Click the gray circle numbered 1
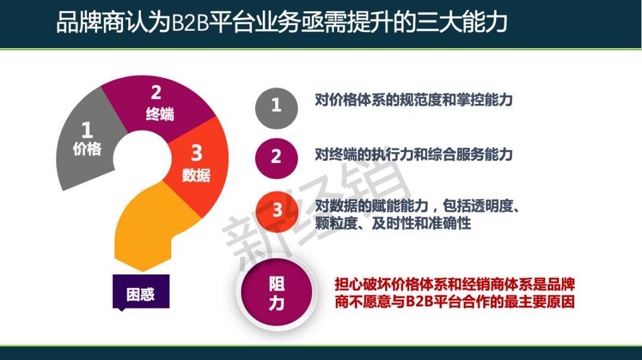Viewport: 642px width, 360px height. [x=276, y=108]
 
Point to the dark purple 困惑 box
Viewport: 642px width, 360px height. [x=141, y=292]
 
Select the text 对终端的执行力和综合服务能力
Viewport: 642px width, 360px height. [x=414, y=154]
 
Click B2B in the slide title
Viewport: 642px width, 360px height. [x=190, y=22]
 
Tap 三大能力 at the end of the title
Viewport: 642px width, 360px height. [x=461, y=22]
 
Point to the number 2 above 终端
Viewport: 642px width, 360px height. [x=156, y=93]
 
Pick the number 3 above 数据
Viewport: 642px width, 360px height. [x=197, y=153]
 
